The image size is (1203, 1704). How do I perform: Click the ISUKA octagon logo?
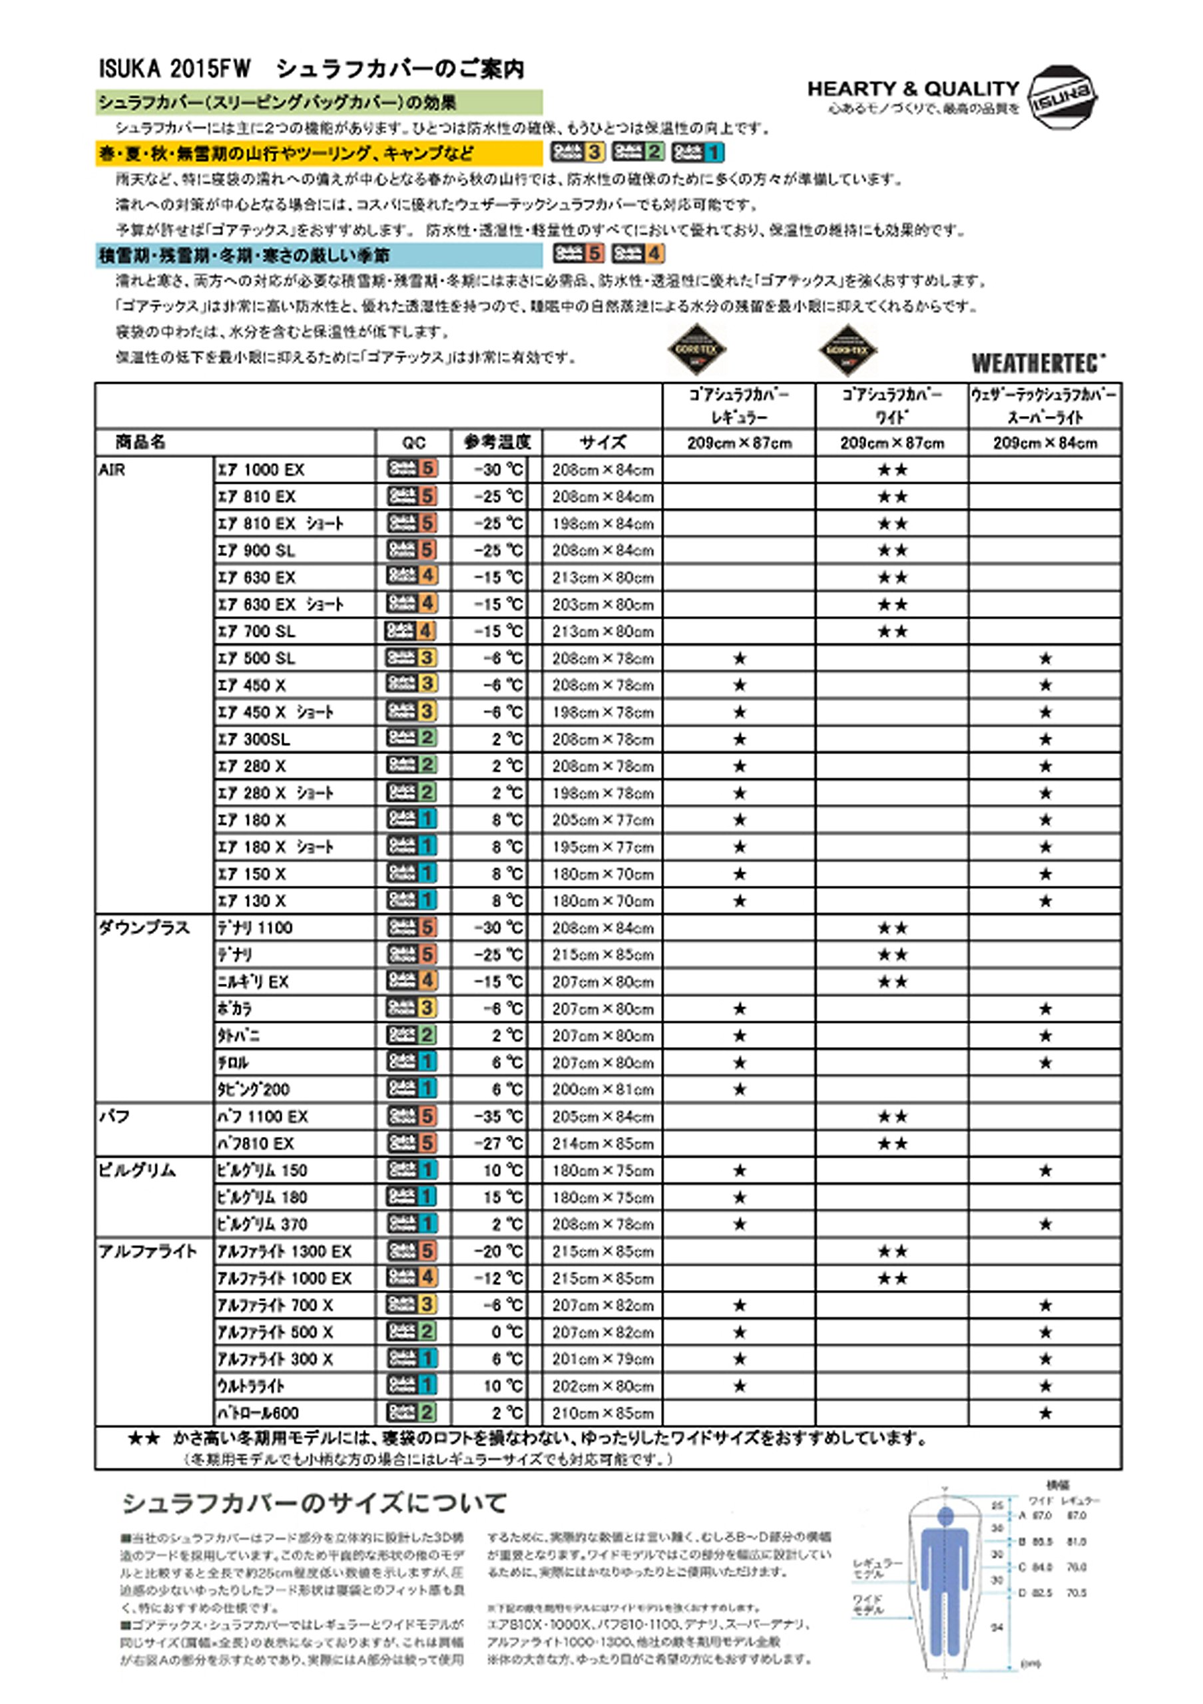tap(1062, 98)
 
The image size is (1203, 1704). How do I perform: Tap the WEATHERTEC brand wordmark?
tap(1037, 363)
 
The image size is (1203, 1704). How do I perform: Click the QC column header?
tap(413, 443)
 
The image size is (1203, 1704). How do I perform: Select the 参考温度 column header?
tap(497, 443)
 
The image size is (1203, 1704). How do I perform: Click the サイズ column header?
tap(602, 443)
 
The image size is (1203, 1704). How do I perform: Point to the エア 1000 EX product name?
tap(260, 470)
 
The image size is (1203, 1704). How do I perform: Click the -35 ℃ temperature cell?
tap(499, 1116)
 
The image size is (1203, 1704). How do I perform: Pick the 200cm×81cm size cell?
tap(602, 1090)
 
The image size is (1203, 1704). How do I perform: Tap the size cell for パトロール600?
tap(602, 1412)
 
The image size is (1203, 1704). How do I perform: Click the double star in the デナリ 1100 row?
tap(892, 928)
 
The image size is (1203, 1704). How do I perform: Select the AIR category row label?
tap(112, 470)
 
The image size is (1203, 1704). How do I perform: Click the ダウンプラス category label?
tap(144, 928)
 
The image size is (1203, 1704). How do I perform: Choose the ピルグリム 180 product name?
tap(262, 1197)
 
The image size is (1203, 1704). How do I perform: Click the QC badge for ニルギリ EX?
tap(412, 981)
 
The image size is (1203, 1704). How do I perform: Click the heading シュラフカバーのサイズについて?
tap(314, 1503)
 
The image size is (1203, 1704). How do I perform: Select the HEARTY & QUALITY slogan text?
tap(913, 89)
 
